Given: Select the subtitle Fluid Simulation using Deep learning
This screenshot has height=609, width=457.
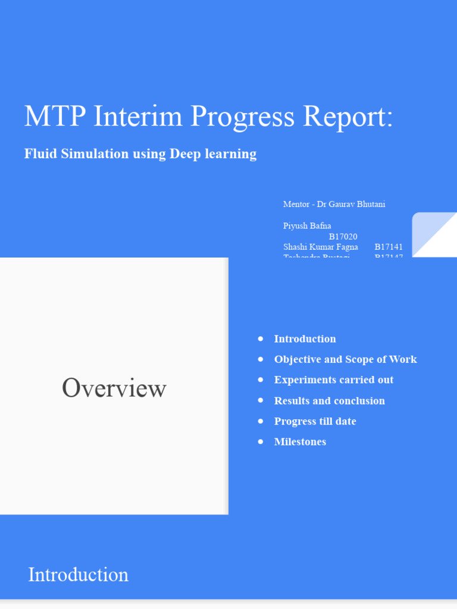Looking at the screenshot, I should tap(140, 153).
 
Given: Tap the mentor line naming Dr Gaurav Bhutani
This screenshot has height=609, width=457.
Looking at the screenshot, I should tap(334, 204).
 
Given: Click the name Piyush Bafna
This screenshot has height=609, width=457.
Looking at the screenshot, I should tap(307, 225).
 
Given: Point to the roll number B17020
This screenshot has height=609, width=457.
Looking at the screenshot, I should tap(343, 236).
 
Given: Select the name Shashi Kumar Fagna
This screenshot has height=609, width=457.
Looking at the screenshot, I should tap(321, 247).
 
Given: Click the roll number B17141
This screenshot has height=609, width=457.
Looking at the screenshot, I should tap(389, 247).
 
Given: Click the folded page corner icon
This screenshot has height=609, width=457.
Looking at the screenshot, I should tap(434, 235).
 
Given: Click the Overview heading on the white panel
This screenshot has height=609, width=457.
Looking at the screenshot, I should tap(114, 388).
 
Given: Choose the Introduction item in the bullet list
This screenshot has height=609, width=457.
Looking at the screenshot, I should tap(305, 339).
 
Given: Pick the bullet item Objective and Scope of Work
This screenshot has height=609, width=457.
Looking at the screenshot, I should tap(345, 359).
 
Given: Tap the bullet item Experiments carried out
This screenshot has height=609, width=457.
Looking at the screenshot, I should tap(333, 380).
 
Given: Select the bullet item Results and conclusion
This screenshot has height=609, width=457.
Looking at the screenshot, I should tap(329, 401).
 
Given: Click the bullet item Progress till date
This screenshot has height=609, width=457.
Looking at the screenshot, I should tap(315, 421).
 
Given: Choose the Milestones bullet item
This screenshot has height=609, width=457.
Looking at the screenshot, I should tap(300, 442).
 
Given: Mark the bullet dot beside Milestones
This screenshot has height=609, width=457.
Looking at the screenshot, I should tap(261, 441).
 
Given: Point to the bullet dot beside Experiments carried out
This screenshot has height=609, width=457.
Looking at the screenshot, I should tap(261, 379).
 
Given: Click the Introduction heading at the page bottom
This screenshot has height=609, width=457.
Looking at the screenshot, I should tap(79, 575).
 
